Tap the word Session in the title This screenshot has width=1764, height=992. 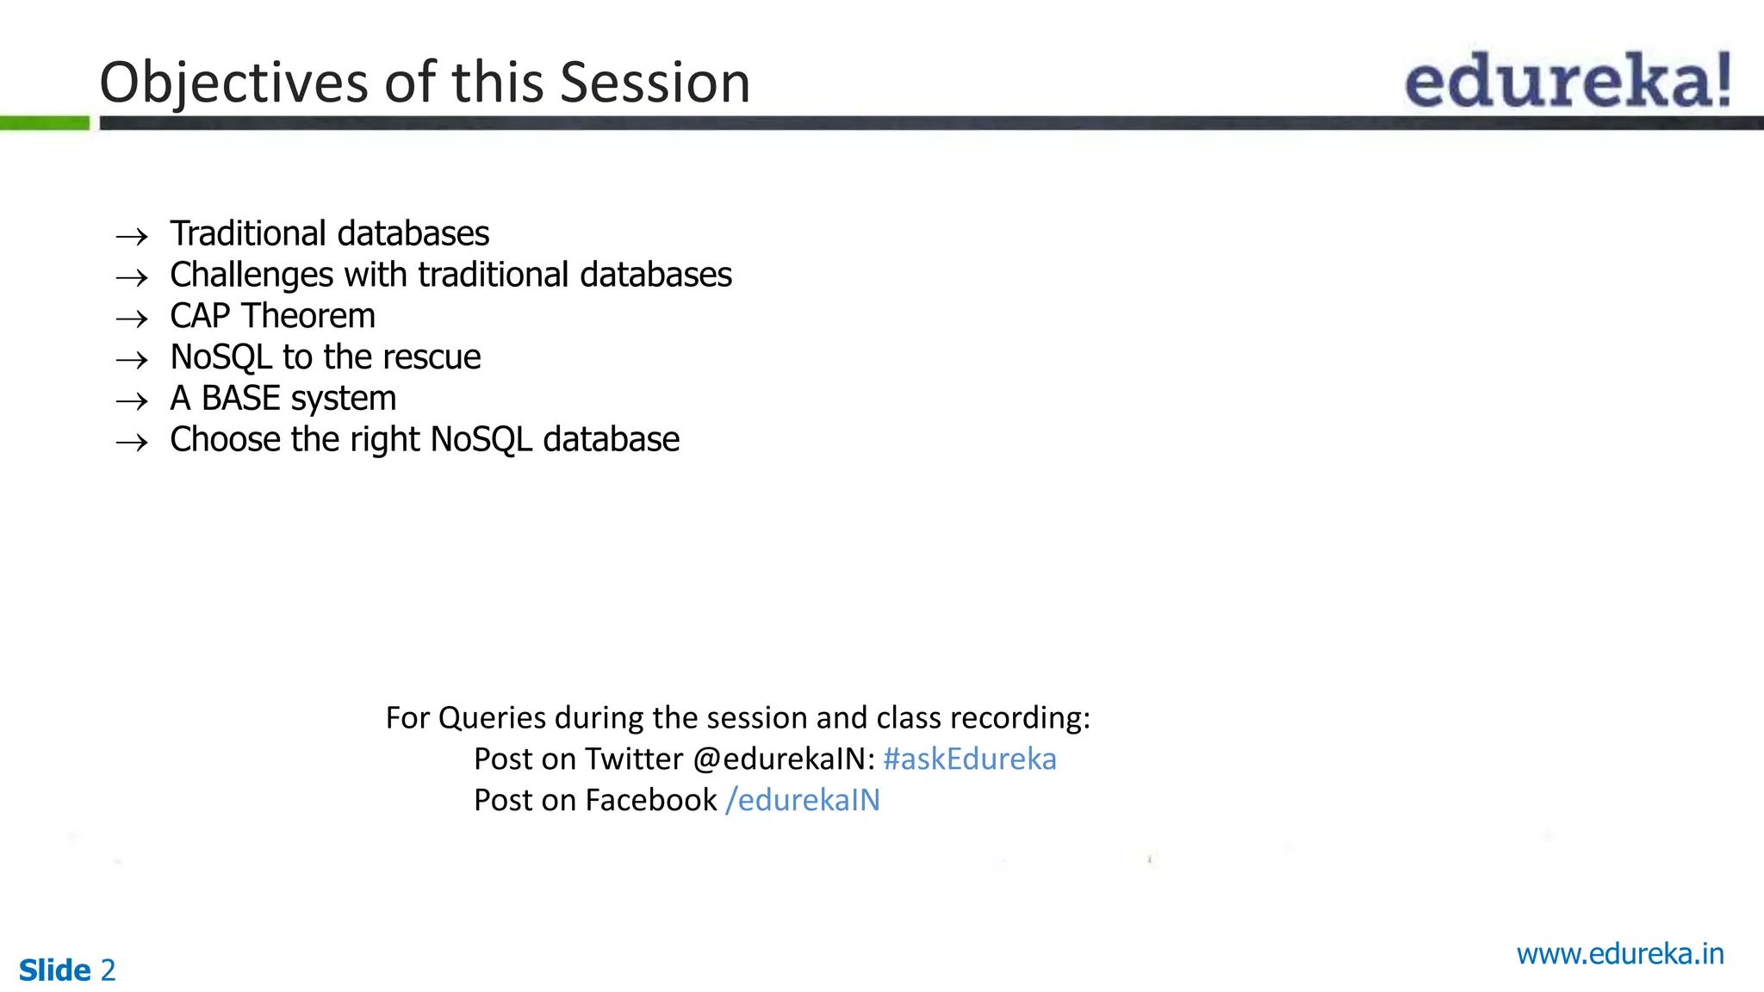click(655, 84)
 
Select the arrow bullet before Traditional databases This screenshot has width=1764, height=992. click(132, 236)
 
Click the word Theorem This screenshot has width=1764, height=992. click(308, 316)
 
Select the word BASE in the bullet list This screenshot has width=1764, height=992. click(241, 399)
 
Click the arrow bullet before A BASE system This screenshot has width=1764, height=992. click(132, 401)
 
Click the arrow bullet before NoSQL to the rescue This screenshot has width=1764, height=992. click(132, 360)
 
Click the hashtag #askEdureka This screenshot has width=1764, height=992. click(969, 759)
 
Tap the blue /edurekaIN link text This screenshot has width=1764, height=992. click(803, 800)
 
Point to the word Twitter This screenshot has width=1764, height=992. click(633, 759)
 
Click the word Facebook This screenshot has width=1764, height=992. click(650, 800)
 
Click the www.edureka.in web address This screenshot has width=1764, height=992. click(1619, 954)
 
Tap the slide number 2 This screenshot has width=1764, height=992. click(108, 970)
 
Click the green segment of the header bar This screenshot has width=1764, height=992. click(45, 123)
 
